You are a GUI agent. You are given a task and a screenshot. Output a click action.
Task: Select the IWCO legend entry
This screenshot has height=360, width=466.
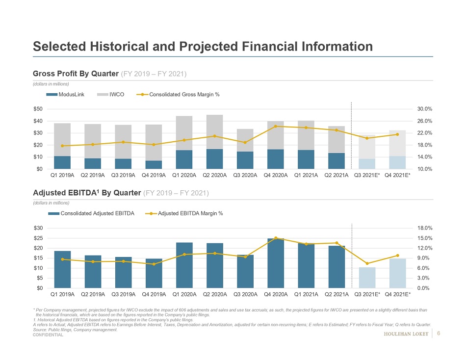(x=108, y=94)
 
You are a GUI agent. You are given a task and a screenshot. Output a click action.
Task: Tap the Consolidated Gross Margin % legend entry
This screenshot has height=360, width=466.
(x=178, y=94)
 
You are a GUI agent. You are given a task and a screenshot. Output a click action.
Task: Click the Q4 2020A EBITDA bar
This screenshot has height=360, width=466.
(x=275, y=263)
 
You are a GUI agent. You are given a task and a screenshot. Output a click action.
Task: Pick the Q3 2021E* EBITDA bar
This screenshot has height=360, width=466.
(x=366, y=278)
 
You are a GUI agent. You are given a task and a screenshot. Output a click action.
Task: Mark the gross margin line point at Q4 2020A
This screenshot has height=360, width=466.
(x=275, y=126)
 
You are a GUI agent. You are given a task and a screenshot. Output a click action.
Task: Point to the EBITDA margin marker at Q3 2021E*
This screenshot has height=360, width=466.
(x=366, y=264)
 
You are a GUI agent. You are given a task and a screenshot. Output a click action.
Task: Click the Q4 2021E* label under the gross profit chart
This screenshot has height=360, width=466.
(x=398, y=175)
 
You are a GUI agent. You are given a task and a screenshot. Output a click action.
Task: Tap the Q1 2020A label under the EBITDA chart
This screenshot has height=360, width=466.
(x=184, y=294)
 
